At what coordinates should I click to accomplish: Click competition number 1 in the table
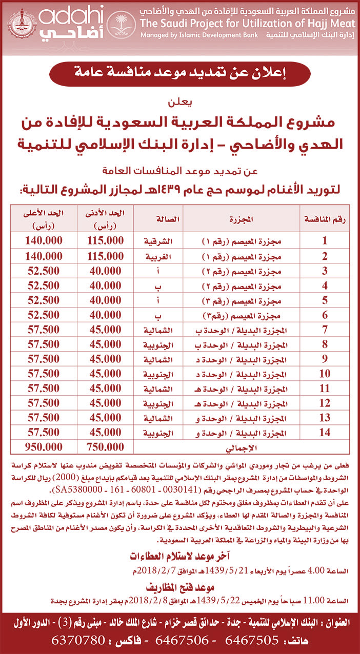(324, 240)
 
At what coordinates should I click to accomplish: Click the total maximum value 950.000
(44, 446)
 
